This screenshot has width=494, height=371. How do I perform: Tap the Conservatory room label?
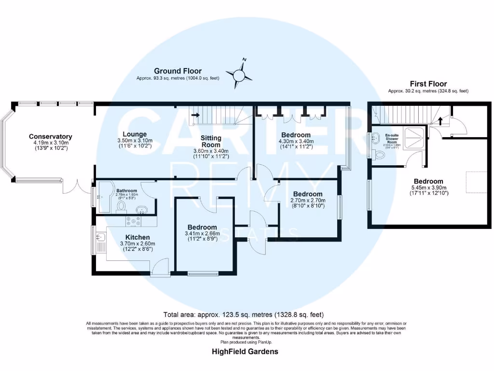tap(50, 137)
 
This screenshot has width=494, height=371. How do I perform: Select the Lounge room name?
tap(135, 134)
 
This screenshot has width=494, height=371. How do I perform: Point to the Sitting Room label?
tap(211, 141)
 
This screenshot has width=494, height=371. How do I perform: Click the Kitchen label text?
tap(137, 237)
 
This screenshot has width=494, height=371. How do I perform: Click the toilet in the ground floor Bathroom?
tap(121, 207)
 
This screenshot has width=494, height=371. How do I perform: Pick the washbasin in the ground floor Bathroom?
tap(142, 210)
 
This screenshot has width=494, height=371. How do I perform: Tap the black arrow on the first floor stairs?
tap(439, 119)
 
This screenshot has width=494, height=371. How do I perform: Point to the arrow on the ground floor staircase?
tap(195, 115)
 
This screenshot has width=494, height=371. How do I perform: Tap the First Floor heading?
tap(428, 84)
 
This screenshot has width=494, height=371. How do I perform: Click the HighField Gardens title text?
tap(245, 351)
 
